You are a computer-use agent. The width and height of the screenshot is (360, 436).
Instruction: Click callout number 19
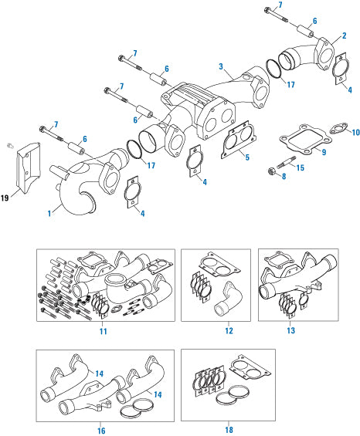pos(5,198)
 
